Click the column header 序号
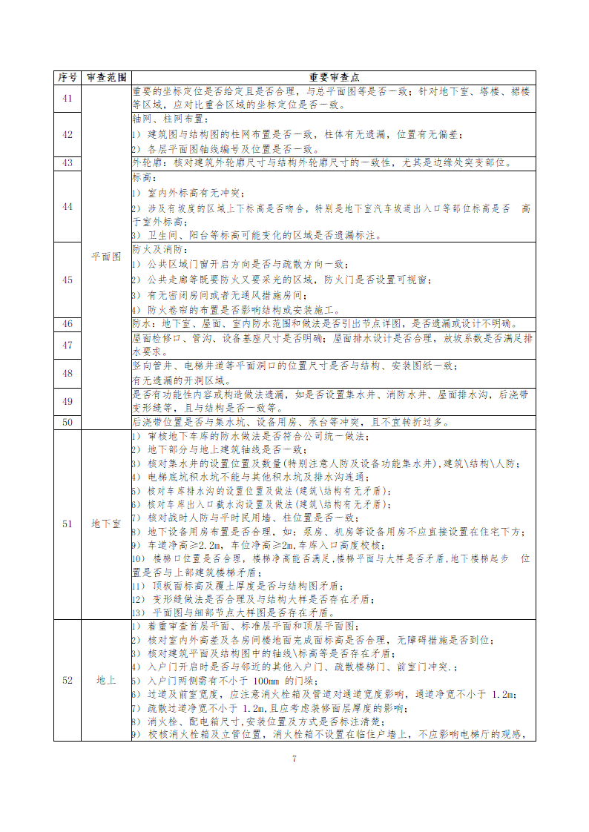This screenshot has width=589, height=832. coord(67,77)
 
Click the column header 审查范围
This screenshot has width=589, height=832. coord(106,77)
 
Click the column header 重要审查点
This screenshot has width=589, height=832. coord(332,77)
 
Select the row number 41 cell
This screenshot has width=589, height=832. coord(67,99)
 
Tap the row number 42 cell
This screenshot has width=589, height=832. coord(67,134)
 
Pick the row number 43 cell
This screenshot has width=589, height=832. coord(67,163)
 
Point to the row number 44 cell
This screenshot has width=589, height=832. coord(67,206)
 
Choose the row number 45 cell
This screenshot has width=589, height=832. coord(67,280)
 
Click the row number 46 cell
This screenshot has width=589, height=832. coord(67,323)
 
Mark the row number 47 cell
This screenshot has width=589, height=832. coord(67,345)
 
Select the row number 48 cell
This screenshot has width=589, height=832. coord(67,373)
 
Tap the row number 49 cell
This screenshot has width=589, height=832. coord(67,401)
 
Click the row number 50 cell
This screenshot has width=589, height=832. coord(67,422)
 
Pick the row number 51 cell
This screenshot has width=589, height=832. coord(67,524)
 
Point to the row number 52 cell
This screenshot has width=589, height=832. coord(67,680)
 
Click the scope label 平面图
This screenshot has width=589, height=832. coord(106,256)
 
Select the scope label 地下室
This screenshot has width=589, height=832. coord(106,524)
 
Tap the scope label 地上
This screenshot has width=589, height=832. coord(106,680)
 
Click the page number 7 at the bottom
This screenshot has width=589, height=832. coord(294,759)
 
